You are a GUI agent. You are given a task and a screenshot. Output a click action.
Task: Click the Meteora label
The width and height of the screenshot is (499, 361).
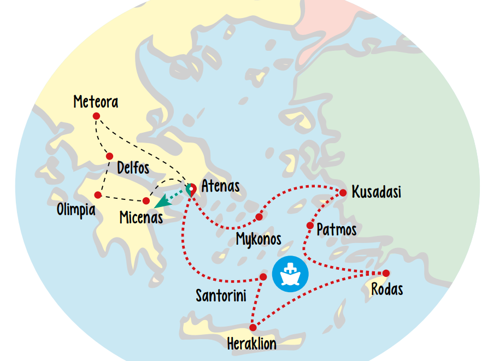pos(96,102)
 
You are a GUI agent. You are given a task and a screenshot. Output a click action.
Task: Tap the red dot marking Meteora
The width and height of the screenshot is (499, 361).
pos(96,116)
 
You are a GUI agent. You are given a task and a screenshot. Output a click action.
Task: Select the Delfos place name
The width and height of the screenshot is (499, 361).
pos(133,167)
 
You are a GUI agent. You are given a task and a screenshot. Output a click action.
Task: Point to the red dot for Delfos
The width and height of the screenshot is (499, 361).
pos(109,156)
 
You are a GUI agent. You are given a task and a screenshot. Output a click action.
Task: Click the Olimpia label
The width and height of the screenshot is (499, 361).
pos(75,210)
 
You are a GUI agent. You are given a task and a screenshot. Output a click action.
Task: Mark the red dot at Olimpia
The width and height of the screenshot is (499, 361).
pos(98,195)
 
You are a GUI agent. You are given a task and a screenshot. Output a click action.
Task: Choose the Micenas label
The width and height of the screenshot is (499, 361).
pos(141,217)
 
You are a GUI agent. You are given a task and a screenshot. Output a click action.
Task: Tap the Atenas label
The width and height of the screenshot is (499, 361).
pos(220,186)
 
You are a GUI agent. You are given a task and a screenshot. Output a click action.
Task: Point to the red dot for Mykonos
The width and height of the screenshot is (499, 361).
pos(259,217)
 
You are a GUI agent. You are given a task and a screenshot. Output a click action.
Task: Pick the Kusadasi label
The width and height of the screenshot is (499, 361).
pos(376,192)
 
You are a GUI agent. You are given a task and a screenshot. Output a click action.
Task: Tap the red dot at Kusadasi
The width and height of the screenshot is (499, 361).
pos(343,193)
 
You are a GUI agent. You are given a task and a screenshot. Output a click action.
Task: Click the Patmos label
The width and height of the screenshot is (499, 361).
pos(336,229)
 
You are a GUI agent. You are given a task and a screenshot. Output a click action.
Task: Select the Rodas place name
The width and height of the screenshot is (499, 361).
pos(387,288)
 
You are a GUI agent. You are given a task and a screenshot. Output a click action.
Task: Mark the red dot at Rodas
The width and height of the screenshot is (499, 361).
pos(386,273)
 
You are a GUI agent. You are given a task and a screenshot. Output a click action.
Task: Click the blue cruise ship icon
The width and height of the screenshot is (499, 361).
pos(290,274)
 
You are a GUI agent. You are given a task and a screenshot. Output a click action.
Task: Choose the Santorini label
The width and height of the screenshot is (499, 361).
pos(221,296)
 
